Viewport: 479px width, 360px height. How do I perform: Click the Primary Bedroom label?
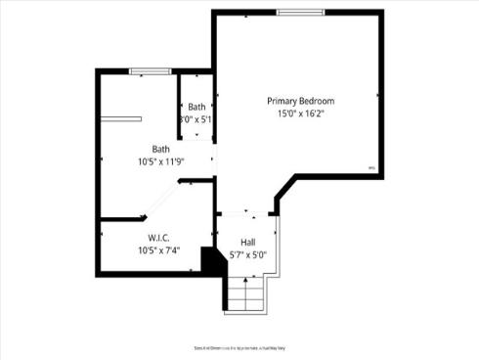click(x=301, y=101)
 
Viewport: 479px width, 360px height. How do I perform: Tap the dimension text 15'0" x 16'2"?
click(x=301, y=113)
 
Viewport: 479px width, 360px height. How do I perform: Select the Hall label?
click(x=248, y=242)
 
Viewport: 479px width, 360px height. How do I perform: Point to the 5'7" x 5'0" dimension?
click(x=248, y=254)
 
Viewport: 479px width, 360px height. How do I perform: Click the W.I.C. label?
click(x=160, y=238)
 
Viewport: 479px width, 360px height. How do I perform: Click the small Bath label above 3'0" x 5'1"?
click(x=197, y=107)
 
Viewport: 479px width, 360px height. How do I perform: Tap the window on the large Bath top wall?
click(x=151, y=70)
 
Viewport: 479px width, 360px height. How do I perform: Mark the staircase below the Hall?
click(x=246, y=293)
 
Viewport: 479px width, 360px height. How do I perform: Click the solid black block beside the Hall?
click(x=208, y=261)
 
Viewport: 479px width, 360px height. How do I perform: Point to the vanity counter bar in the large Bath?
click(x=125, y=119)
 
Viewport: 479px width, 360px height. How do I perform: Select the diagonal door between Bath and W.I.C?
click(x=162, y=200)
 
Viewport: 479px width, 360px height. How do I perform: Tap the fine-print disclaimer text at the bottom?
click(x=239, y=347)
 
